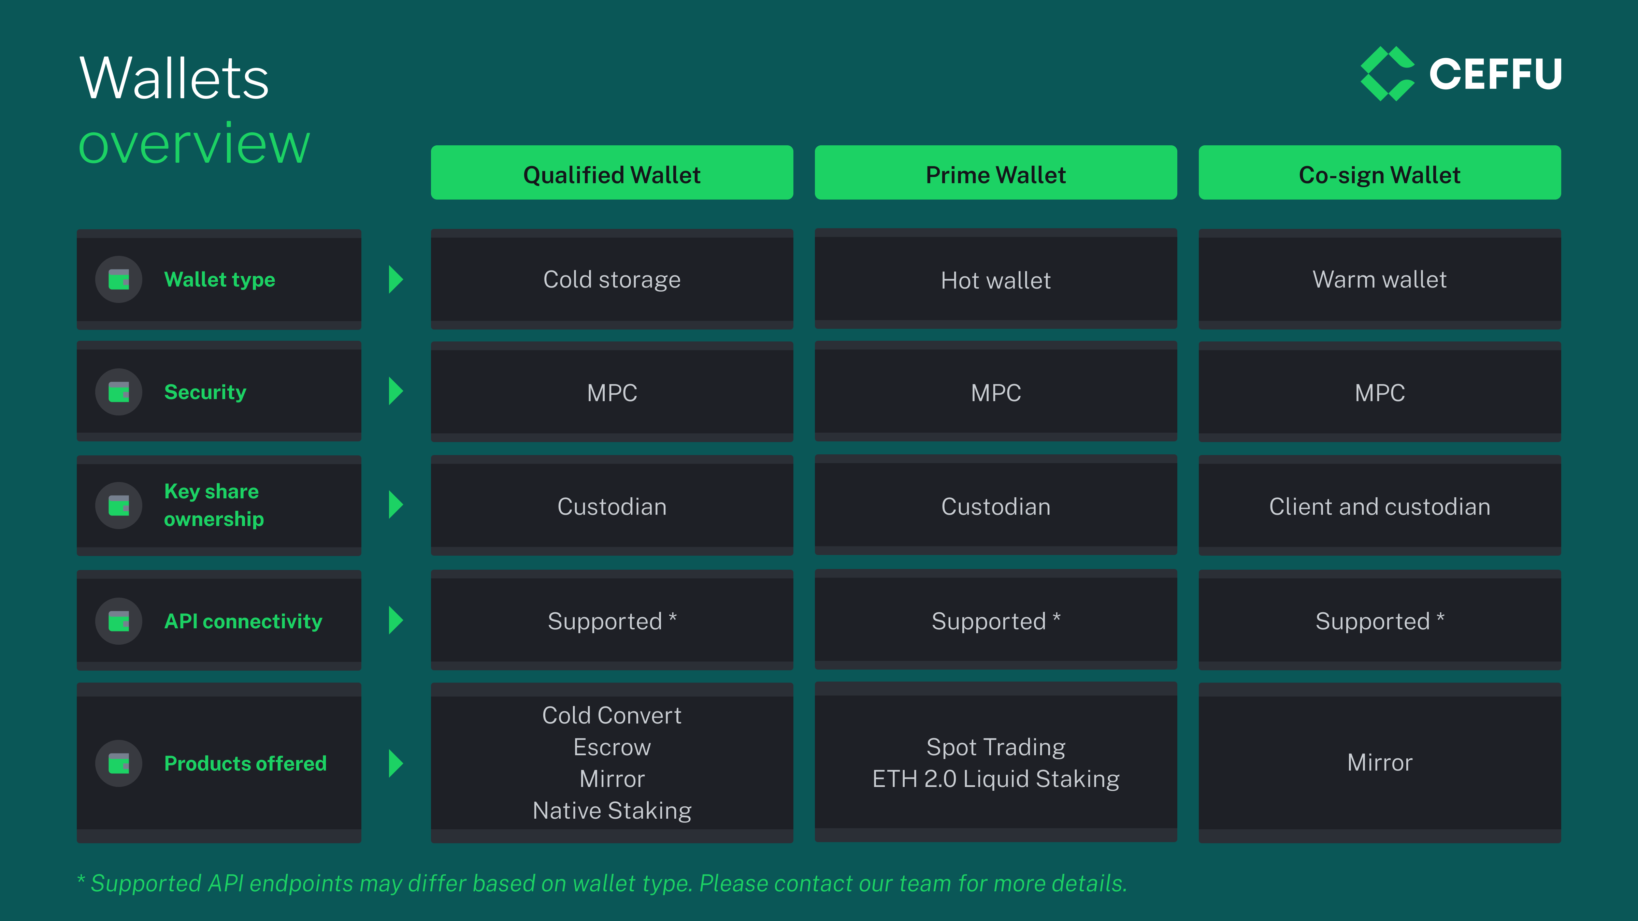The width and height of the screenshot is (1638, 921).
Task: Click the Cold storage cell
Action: coord(612,279)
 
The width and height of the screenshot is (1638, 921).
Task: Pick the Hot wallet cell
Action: coord(996,279)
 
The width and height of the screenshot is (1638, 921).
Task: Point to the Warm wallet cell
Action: coord(1380,279)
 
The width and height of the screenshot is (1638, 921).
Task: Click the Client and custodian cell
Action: coord(1380,506)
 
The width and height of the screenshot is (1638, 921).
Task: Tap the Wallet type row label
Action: coord(219,280)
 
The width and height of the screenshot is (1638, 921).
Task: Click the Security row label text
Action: coord(205,392)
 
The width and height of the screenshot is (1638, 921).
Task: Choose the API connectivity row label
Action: coord(243,621)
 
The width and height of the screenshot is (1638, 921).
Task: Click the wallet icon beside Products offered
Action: coord(119,763)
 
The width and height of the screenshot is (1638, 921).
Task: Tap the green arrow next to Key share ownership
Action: coord(396,505)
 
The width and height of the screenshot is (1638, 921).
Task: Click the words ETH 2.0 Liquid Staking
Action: coord(996,779)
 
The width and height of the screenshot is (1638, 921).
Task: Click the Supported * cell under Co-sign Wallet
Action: coord(1380,620)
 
